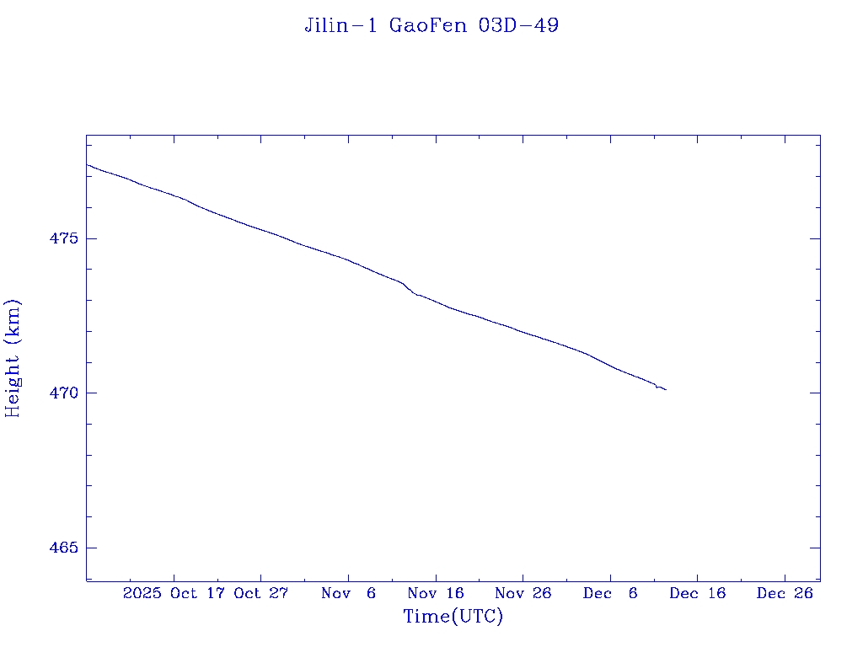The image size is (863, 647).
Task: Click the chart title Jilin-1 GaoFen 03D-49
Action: [x=431, y=25]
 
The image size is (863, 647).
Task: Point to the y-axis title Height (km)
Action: [x=13, y=358]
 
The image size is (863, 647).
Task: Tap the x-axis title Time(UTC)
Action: [x=453, y=617]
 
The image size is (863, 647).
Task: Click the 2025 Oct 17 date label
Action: [x=175, y=593]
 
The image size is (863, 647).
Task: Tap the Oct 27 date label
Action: [x=261, y=593]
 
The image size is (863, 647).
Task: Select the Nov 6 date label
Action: [x=349, y=593]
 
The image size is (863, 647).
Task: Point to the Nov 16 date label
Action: [x=436, y=593]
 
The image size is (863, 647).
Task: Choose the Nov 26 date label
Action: [x=523, y=593]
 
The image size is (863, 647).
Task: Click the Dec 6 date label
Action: [x=610, y=593]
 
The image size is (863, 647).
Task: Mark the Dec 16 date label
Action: [x=697, y=593]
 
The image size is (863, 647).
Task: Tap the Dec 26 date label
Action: [x=785, y=593]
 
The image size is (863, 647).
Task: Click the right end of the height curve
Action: [x=666, y=389]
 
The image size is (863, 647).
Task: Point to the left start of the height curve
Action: [x=87, y=164]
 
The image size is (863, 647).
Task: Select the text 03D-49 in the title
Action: [x=518, y=25]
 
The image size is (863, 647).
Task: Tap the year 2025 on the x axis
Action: [x=142, y=593]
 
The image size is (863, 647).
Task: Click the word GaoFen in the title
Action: [x=428, y=25]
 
